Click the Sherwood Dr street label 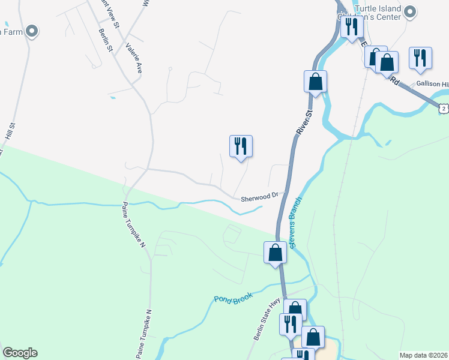(x=260, y=196)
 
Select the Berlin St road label (x=106, y=40)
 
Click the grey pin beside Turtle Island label (x=411, y=11)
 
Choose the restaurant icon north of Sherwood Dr (x=241, y=146)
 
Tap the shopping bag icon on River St (x=315, y=82)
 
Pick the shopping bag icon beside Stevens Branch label (x=276, y=252)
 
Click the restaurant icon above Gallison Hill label (x=420, y=58)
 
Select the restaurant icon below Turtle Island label (x=351, y=26)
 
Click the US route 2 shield (x=443, y=108)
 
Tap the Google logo (x=20, y=353)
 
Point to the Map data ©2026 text (x=424, y=355)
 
